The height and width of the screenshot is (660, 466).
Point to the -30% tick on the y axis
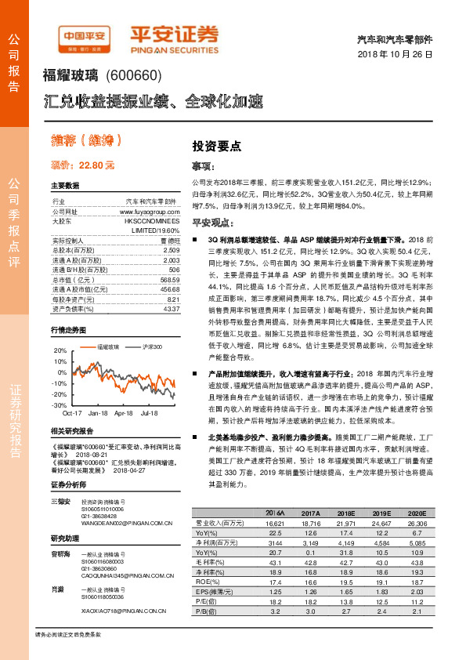coord(60,405)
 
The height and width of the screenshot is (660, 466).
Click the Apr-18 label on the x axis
coord(123,412)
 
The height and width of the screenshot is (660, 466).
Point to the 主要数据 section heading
coord(65,187)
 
